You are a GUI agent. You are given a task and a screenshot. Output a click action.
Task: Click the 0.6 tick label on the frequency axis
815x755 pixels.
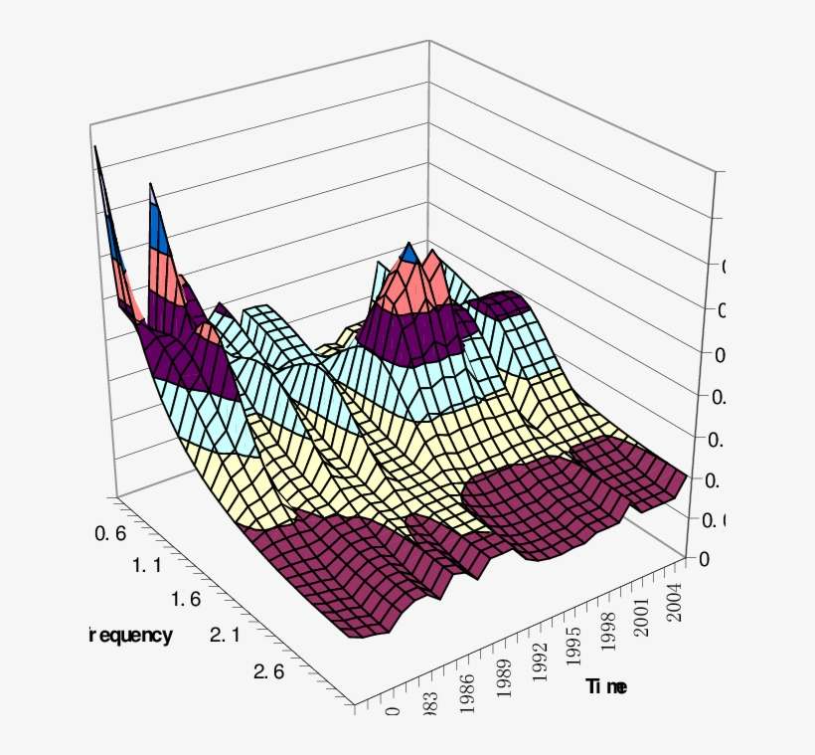click(x=109, y=534)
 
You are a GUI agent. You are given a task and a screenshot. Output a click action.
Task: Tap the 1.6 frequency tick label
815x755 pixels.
click(x=186, y=600)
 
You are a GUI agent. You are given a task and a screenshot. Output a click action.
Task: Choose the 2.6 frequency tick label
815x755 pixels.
click(x=269, y=671)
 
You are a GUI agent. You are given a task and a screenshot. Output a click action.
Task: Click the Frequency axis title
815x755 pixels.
click(x=130, y=636)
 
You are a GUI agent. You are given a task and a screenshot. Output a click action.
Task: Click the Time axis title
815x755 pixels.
click(x=606, y=686)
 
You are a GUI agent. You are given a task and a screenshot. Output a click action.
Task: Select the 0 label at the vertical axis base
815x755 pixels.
click(x=704, y=559)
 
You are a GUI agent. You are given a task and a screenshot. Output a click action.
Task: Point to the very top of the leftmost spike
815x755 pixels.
click(x=96, y=149)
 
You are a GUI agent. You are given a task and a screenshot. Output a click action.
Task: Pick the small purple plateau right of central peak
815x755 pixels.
click(x=502, y=302)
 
